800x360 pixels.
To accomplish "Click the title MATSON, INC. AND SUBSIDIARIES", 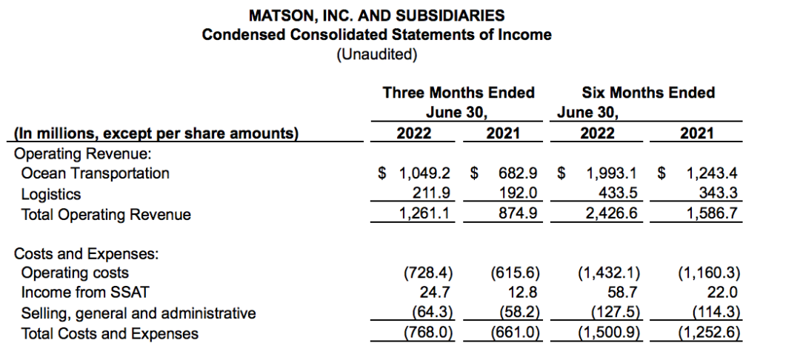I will point(376,15).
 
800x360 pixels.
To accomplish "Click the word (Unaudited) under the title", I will point(376,54).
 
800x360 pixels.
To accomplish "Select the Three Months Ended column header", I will point(459,93).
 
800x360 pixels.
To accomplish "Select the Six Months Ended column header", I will point(648,93).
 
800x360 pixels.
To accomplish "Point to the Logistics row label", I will point(52,194).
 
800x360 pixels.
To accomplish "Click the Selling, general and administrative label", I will point(139,313).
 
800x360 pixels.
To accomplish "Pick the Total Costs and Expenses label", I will point(110,334).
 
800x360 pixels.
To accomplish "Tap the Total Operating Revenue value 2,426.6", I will point(614,215).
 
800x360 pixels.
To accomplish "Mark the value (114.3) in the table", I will point(716,313).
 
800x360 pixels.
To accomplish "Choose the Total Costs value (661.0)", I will point(516,334).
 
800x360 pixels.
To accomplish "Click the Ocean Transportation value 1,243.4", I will point(712,173).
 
